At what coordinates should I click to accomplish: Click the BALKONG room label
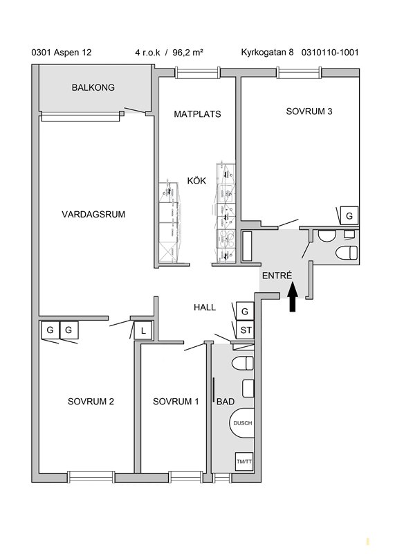pos(93,87)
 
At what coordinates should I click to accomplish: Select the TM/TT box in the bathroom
pos(244,461)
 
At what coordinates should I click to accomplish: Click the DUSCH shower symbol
pos(243,423)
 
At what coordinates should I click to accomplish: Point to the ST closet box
pos(246,330)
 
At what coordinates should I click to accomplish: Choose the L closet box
pos(143,331)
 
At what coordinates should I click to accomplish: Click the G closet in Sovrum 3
pos(349,215)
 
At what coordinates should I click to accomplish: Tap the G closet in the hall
pos(245,311)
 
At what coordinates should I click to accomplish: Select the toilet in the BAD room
pos(243,363)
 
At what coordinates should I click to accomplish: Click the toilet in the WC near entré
pos(347,253)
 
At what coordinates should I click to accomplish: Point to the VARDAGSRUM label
pos(93,215)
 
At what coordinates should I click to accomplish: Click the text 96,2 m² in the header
pos(187,53)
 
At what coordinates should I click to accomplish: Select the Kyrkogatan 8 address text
pos(267,53)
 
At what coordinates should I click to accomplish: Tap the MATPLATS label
pos(197,114)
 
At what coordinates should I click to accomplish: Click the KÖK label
pos(196,181)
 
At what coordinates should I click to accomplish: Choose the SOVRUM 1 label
pos(176,402)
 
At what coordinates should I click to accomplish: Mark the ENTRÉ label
pos(277,275)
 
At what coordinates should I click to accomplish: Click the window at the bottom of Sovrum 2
pos(91,476)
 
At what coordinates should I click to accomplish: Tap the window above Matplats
pos(197,73)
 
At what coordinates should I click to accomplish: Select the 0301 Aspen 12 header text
pos(62,53)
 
